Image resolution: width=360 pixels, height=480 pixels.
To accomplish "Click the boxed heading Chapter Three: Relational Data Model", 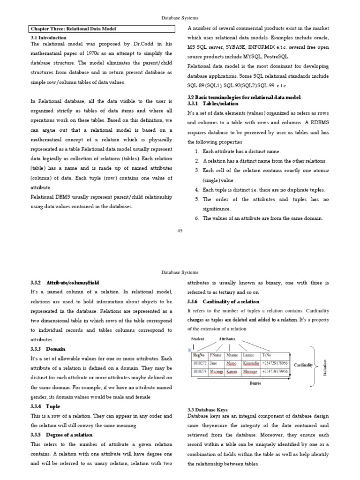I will [73, 29].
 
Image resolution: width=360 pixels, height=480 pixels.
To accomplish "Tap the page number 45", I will [180, 230].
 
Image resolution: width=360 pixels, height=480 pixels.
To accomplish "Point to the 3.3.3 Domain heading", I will [48, 349].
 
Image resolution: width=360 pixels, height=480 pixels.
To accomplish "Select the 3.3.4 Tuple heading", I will [46, 406].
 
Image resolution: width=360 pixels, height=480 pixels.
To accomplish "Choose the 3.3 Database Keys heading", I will [207, 410].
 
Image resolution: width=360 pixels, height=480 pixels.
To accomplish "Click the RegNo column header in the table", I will [199, 355].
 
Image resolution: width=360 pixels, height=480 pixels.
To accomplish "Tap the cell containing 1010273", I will [200, 372].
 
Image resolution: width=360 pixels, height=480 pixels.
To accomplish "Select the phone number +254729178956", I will [275, 363].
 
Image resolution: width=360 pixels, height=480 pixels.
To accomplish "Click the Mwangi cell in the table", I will [216, 372].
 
